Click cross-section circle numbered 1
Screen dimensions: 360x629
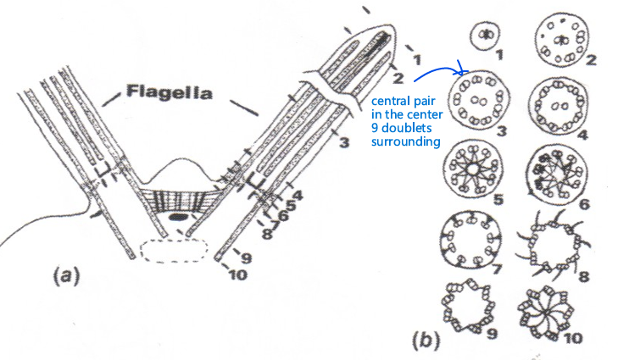point(486,36)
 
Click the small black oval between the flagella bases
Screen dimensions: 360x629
point(179,218)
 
